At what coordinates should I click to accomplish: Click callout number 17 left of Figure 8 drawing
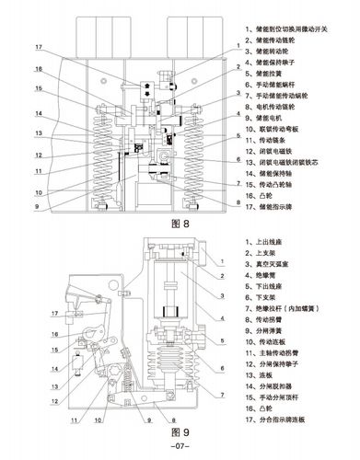39,47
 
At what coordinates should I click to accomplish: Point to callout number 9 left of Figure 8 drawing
39,205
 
